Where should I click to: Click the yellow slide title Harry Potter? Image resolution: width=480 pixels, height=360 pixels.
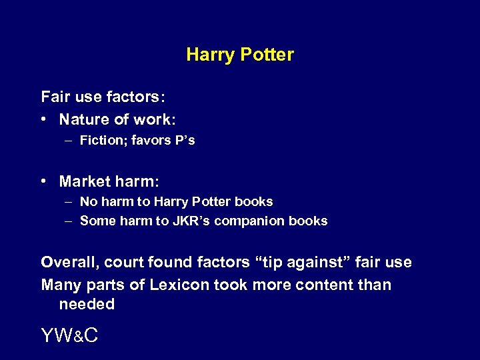pyautogui.click(x=240, y=55)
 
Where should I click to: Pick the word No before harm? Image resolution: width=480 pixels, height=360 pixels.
pyautogui.click(x=88, y=201)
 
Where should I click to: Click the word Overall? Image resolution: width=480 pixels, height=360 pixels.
pyautogui.click(x=69, y=262)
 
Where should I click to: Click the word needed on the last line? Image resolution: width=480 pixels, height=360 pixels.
pyautogui.click(x=87, y=305)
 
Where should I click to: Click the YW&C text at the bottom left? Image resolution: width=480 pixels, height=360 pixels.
pyautogui.click(x=69, y=335)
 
